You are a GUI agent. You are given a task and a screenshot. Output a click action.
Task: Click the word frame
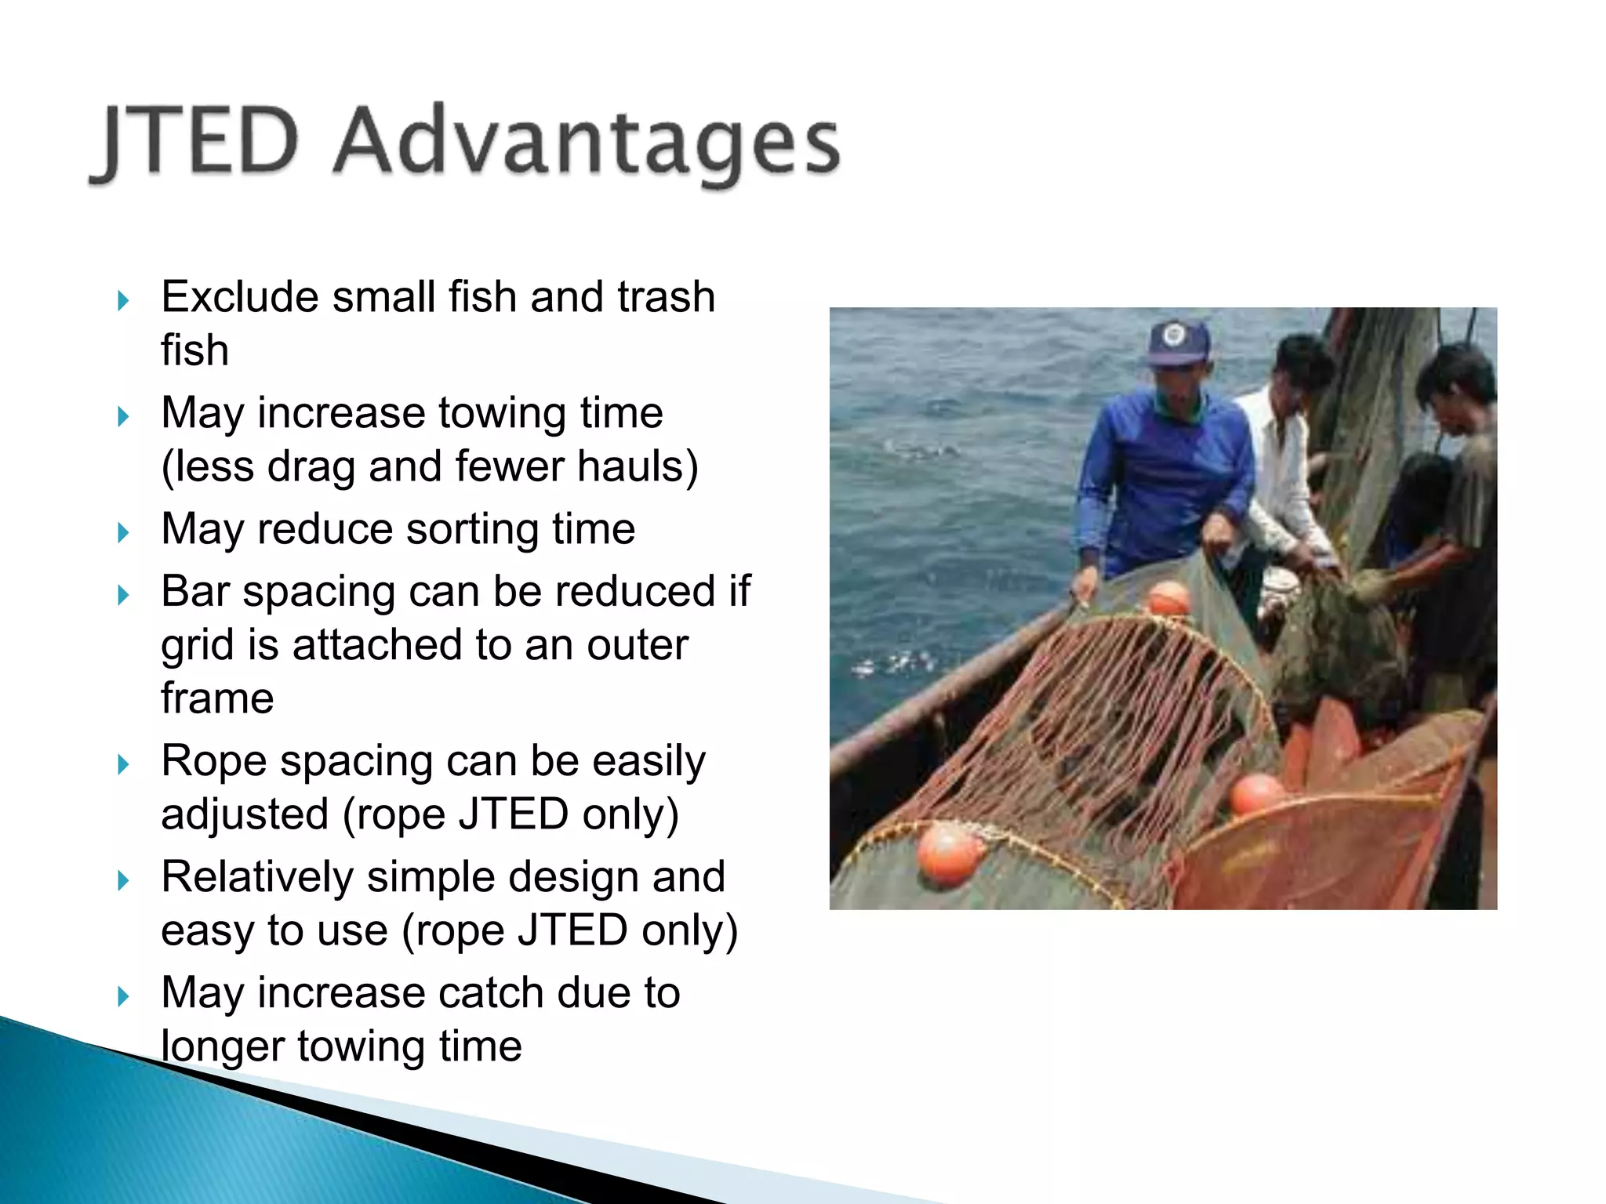tap(217, 698)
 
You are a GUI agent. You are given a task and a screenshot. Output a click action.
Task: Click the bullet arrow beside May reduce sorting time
tap(123, 533)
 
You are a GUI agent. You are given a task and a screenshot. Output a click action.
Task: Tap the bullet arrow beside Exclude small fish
tap(123, 301)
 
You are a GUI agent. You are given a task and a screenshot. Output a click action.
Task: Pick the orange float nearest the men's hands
tap(1168, 600)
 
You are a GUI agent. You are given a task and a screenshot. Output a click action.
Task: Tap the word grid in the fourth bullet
tap(196, 646)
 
